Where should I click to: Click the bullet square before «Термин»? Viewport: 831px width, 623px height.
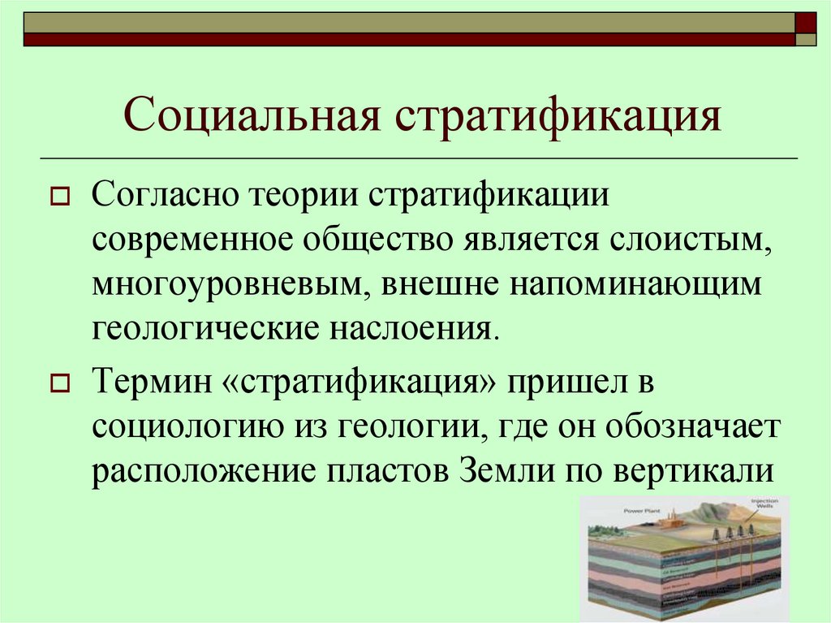(59, 383)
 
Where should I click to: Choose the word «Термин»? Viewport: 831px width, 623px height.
(151, 382)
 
